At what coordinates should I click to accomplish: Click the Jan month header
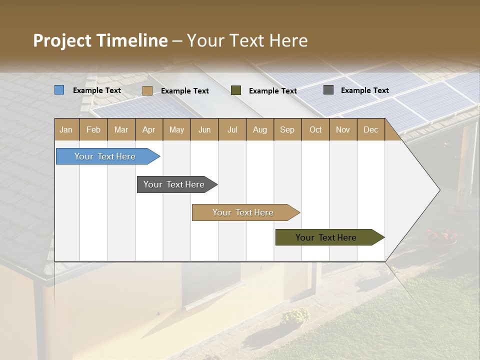[66, 129]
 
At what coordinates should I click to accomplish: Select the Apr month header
[149, 129]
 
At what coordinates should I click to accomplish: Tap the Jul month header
[232, 129]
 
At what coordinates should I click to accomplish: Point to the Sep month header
[287, 129]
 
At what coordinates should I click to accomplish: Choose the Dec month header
[370, 129]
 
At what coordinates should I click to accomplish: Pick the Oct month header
[315, 129]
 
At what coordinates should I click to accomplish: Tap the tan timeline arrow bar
[243, 212]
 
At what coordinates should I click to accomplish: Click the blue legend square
[59, 90]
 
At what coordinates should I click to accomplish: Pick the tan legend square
[147, 90]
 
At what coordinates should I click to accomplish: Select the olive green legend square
[236, 90]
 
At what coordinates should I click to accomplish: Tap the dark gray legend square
[328, 90]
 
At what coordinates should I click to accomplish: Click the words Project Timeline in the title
[100, 40]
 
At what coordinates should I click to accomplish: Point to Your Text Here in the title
[247, 40]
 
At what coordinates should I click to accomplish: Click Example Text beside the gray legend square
[364, 90]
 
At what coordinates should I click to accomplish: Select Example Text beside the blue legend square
[96, 90]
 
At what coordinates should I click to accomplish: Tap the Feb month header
[93, 129]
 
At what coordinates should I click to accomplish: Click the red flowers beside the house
[442, 235]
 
